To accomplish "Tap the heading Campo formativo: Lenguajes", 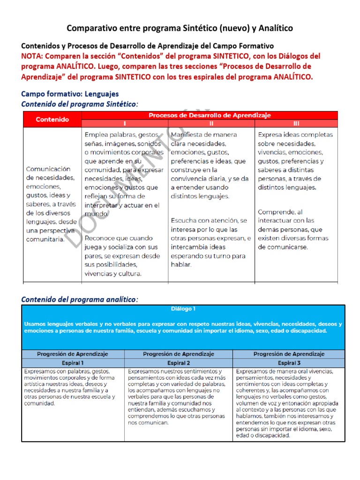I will (70, 94).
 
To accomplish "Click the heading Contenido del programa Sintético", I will (80, 104).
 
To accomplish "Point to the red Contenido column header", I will (52, 120).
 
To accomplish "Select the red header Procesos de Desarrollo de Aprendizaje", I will (210, 115).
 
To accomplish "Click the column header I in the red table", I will (124, 124).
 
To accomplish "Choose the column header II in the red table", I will (211, 124).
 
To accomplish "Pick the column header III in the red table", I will (296, 124).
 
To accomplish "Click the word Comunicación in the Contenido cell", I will (48, 169).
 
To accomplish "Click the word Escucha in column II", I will (184, 220).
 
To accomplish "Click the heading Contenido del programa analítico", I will (80, 299).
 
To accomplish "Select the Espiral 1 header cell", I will (73, 363).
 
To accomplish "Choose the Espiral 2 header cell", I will (178, 363).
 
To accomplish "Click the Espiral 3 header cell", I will (289, 363).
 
